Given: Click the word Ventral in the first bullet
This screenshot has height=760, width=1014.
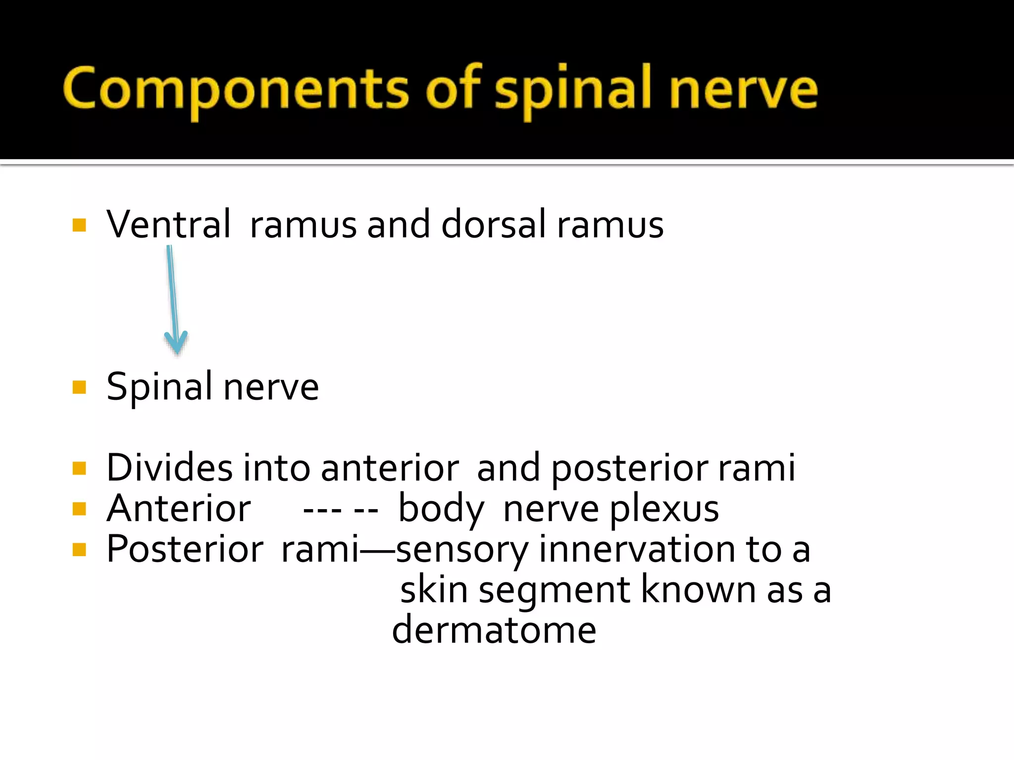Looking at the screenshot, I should coord(168,225).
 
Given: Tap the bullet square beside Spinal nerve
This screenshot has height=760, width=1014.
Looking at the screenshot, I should coord(79,387).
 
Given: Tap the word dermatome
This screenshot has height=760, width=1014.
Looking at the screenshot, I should coord(494,630).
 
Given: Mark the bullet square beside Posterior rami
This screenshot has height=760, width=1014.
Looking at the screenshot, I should coord(79,550).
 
